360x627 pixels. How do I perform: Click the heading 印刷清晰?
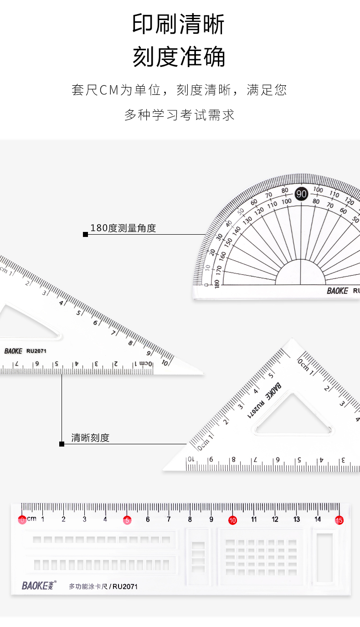[x=179, y=25]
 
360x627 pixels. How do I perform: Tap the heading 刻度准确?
[x=179, y=57]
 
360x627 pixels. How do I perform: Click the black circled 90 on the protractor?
[x=301, y=194]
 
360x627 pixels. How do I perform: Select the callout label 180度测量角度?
[x=123, y=228]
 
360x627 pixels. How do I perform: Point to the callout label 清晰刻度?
[x=90, y=438]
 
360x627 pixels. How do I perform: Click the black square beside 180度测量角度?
[x=85, y=234]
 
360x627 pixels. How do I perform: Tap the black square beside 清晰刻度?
[x=62, y=444]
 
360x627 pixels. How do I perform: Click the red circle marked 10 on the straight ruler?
[x=233, y=520]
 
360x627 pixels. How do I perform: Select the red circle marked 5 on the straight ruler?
[x=127, y=520]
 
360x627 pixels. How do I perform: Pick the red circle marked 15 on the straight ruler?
[x=339, y=520]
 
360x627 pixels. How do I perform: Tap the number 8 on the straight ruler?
[x=190, y=519]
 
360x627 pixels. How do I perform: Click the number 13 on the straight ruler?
[x=297, y=519]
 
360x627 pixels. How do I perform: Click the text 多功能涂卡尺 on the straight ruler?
[x=88, y=586]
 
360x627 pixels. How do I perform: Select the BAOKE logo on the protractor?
[x=337, y=291]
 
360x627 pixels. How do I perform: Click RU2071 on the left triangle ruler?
[x=36, y=351]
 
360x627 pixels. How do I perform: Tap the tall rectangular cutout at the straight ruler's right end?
[x=325, y=557]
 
